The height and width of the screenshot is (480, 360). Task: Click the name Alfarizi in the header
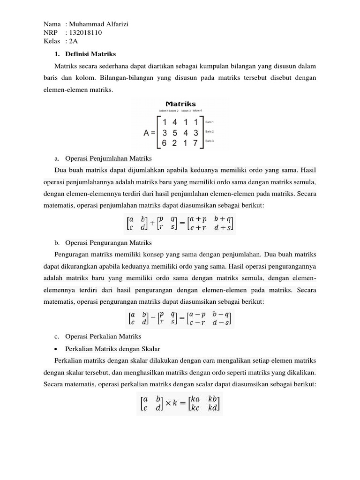(115, 23)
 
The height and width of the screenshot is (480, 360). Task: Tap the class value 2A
(74, 41)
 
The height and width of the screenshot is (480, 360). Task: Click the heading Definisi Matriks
(90, 54)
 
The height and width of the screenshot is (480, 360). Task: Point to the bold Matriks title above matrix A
(180, 104)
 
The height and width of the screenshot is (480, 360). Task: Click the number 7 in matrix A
(196, 142)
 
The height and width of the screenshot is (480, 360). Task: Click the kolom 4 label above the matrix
(197, 111)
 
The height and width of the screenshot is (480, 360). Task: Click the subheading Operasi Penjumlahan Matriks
(100, 159)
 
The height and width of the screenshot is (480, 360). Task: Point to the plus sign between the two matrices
(151, 224)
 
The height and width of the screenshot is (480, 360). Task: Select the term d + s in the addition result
(222, 228)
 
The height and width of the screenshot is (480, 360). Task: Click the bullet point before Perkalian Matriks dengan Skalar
(57, 349)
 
